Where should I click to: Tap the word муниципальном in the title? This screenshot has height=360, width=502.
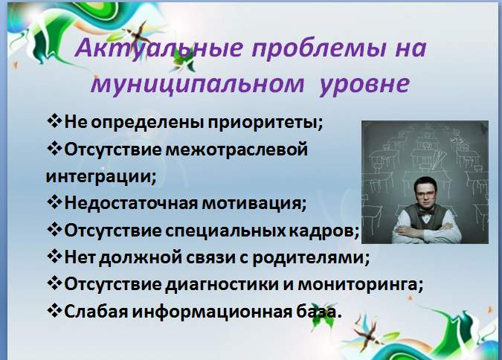(198, 85)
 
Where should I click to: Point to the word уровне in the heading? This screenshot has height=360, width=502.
(364, 85)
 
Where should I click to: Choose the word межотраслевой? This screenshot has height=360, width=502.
(236, 150)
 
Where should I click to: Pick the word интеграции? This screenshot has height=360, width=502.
(101, 177)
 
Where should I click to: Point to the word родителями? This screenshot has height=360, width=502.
(311, 258)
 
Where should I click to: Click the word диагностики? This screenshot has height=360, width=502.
(222, 284)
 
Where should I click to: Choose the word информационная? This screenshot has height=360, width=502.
(212, 312)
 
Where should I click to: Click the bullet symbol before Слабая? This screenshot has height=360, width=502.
(54, 310)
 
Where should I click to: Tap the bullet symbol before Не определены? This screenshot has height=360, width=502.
(54, 121)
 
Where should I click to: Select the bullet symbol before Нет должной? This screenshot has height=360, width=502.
(54, 256)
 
